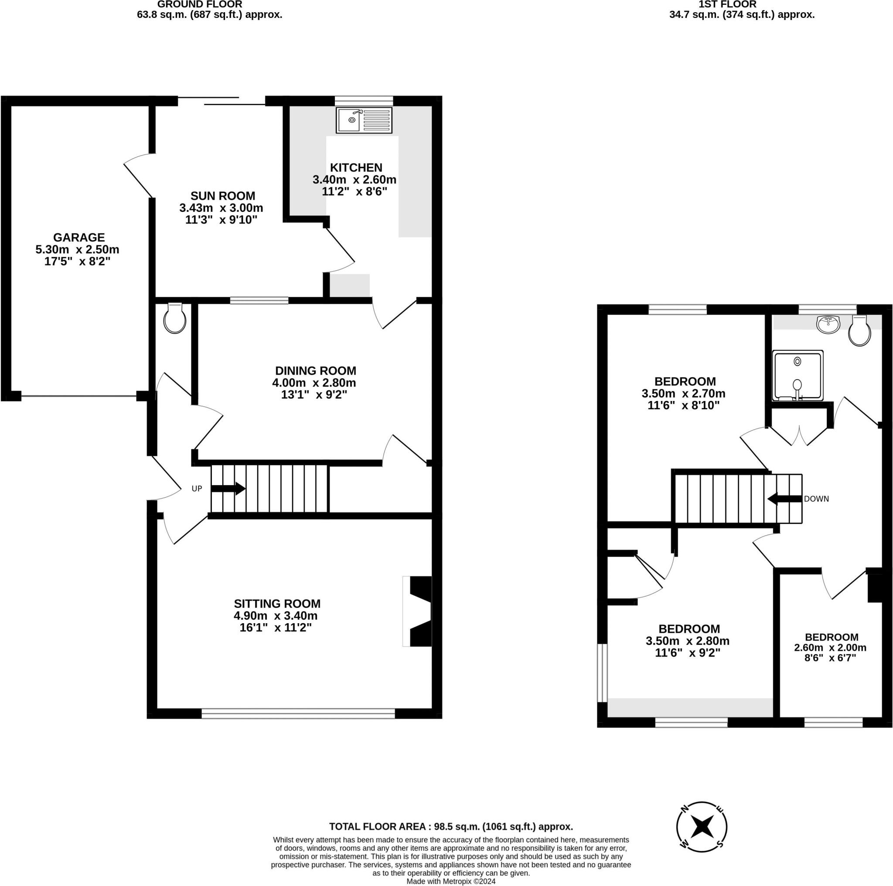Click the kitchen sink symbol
coord(364,120)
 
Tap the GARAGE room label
coord(78,238)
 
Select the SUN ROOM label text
coord(223,196)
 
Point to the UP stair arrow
coord(228,489)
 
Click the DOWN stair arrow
coord(784,499)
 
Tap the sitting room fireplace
coord(418,611)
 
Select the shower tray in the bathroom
coord(798,376)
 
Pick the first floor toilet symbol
coord(859,331)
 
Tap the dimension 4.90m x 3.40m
coord(276,616)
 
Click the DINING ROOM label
coord(316,370)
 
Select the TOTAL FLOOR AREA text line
coord(451,827)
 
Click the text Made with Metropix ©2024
coord(451,881)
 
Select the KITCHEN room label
coord(356,167)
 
